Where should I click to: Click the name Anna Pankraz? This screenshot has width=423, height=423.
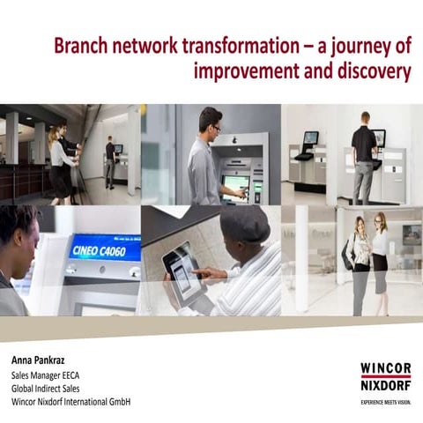[x=42, y=360]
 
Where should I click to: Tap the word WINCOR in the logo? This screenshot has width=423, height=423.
[x=385, y=367]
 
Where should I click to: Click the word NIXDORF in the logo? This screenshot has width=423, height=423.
[x=385, y=384]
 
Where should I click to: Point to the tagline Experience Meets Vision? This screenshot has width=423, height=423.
[x=385, y=399]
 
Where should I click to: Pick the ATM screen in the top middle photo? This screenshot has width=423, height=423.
[x=235, y=182]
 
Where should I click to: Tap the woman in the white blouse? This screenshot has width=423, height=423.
[x=380, y=251]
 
